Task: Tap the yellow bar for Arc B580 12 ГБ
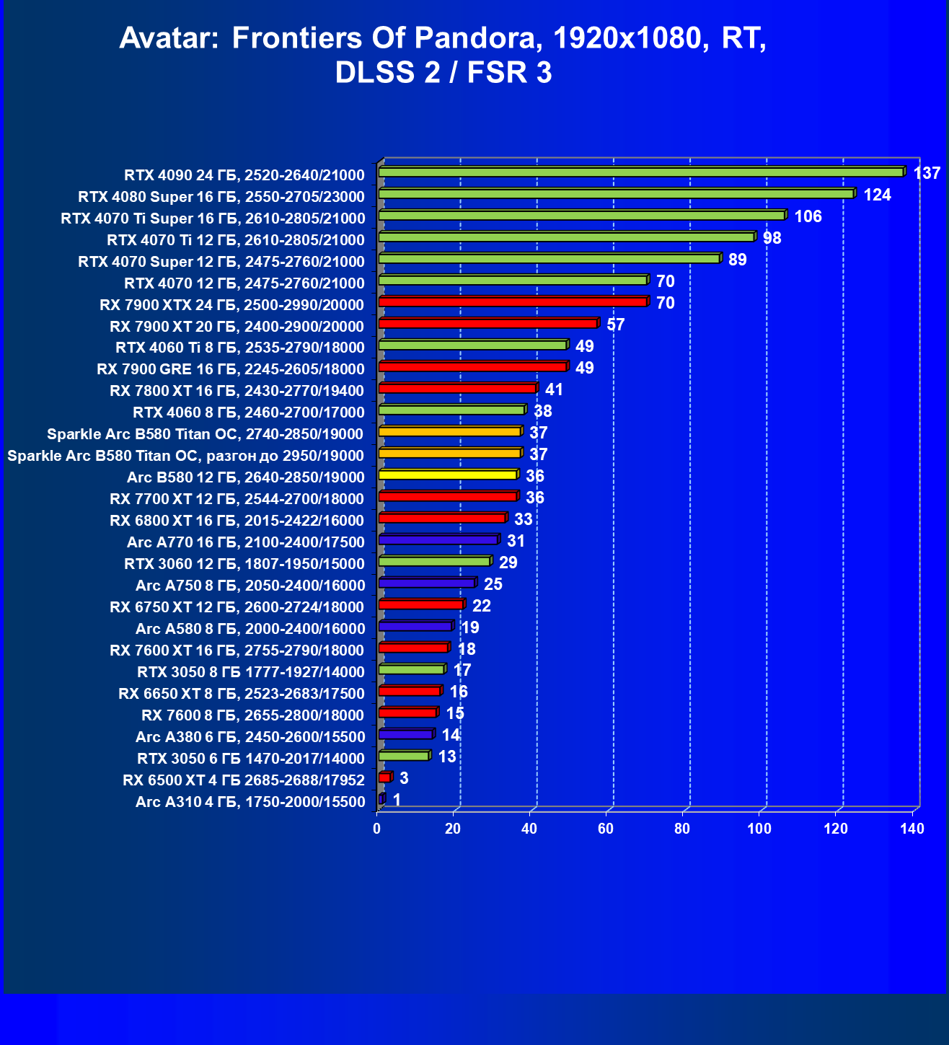447,475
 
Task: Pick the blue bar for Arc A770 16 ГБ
438,540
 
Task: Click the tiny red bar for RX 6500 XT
384,777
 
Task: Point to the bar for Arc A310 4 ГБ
381,799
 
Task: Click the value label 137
927,173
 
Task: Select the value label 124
877,195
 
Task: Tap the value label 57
615,325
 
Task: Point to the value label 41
554,389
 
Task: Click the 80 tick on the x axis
682,829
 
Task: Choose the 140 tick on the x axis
912,829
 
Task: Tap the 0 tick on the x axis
377,829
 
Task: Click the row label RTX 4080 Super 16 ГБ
221,197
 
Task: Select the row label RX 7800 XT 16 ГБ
237,391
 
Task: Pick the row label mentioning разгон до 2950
185,456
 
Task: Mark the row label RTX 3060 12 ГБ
244,564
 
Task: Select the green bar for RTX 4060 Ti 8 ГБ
472,345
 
